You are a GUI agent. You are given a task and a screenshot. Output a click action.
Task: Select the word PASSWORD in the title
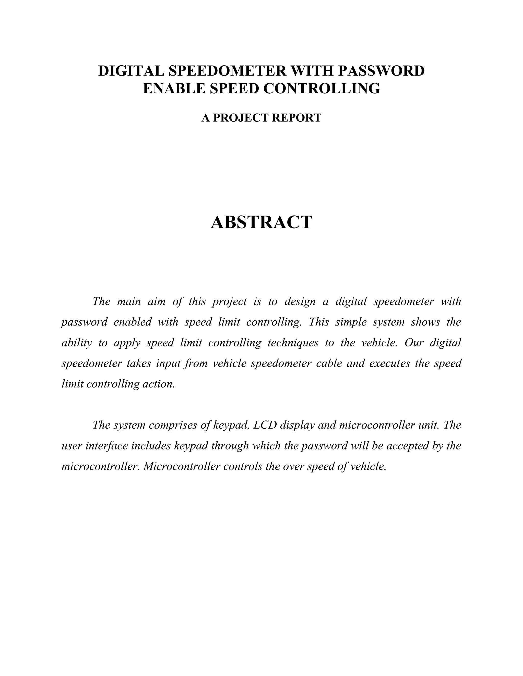click(381, 71)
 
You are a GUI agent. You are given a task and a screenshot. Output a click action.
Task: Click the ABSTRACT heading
click(261, 222)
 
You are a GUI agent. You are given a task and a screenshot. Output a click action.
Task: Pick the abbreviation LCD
click(265, 425)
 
